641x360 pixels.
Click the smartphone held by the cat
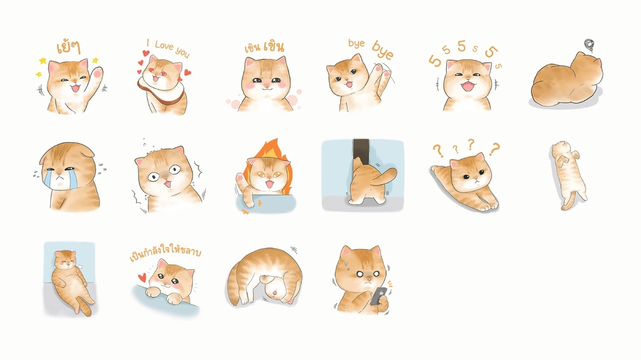[x=378, y=295]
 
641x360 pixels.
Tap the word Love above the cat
[x=164, y=46]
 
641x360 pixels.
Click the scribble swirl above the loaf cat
[x=589, y=45]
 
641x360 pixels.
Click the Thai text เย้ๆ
[x=68, y=47]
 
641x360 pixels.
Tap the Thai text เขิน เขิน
[x=264, y=47]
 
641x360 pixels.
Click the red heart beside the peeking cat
[x=142, y=278]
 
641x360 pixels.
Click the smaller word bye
[x=356, y=43]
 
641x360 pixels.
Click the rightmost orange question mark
[x=495, y=149]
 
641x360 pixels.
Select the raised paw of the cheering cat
[x=97, y=73]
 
